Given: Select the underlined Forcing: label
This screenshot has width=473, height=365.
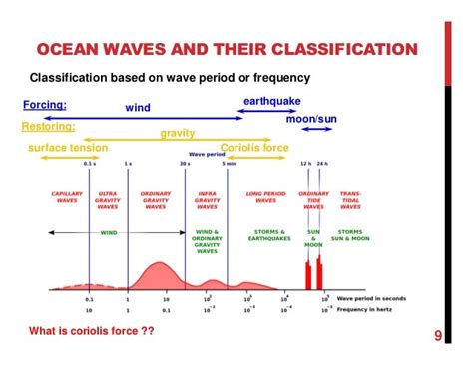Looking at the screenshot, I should click(x=45, y=104).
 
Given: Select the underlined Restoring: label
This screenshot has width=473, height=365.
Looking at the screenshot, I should click(x=49, y=127).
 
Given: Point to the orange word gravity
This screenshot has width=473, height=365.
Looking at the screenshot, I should click(x=177, y=133).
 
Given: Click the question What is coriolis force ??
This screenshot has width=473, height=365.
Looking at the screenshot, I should click(x=92, y=330).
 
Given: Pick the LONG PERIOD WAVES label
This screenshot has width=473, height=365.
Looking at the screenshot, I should click(x=265, y=198).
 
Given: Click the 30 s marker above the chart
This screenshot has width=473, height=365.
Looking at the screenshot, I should click(x=186, y=163).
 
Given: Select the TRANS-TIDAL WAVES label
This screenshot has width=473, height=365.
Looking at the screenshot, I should click(x=351, y=199).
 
